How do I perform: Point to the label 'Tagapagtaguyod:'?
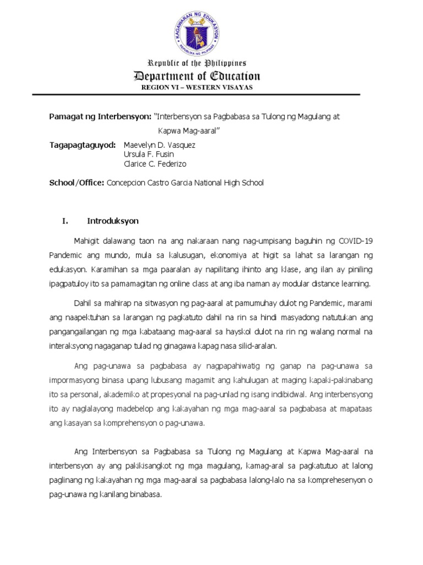tap(83, 145)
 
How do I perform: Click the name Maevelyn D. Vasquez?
tap(160, 145)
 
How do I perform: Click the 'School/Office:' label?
tap(77, 183)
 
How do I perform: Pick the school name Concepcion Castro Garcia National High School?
tap(185, 183)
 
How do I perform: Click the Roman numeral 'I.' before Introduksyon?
tap(65, 221)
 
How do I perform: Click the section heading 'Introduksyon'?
tap(113, 221)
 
